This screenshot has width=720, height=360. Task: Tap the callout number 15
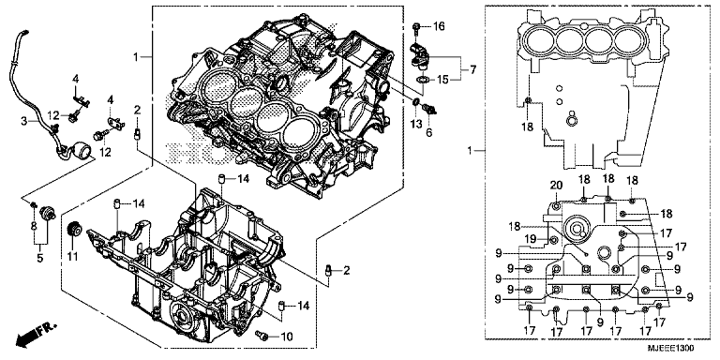click(442, 78)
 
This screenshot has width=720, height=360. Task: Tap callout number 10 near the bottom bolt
click(286, 335)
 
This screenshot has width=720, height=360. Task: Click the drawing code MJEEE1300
click(681, 348)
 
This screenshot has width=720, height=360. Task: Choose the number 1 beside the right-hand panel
click(472, 149)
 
